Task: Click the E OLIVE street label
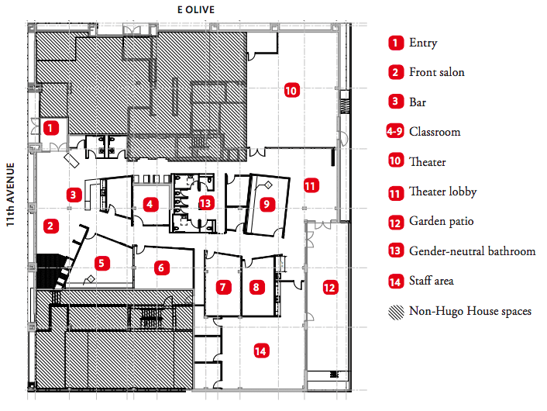point(194,9)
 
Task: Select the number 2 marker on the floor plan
point(50,226)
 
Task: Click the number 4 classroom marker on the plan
point(151,205)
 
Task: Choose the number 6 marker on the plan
point(161,268)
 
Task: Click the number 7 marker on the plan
point(223,287)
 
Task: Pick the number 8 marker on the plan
point(256,287)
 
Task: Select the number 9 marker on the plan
point(267,205)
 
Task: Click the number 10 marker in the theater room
point(291,90)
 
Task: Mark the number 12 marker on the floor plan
point(330,288)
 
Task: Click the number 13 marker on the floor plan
point(205,203)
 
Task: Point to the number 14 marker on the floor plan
point(260,351)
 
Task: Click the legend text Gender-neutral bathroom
point(472,251)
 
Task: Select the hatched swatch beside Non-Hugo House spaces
point(396,311)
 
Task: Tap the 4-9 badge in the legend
point(396,132)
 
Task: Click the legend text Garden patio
point(441,222)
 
